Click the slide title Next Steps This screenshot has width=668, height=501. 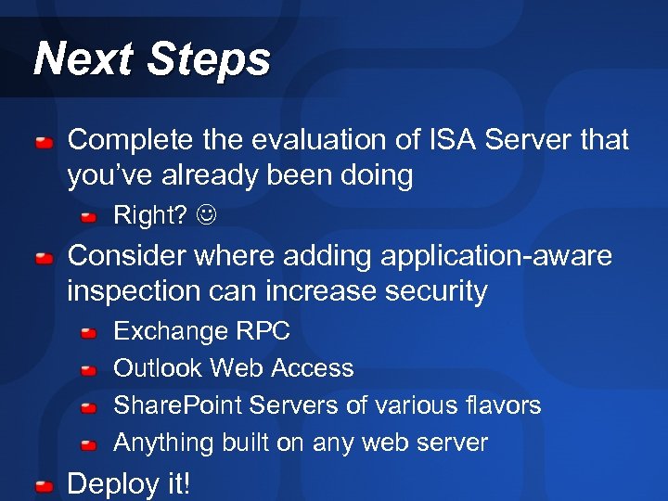click(151, 59)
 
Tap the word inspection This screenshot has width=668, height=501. click(135, 291)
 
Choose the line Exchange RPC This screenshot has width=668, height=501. click(201, 331)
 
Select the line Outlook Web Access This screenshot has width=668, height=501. click(233, 368)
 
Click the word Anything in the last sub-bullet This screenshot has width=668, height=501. click(163, 443)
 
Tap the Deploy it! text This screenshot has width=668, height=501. click(129, 483)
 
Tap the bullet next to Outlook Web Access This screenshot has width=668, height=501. click(88, 370)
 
